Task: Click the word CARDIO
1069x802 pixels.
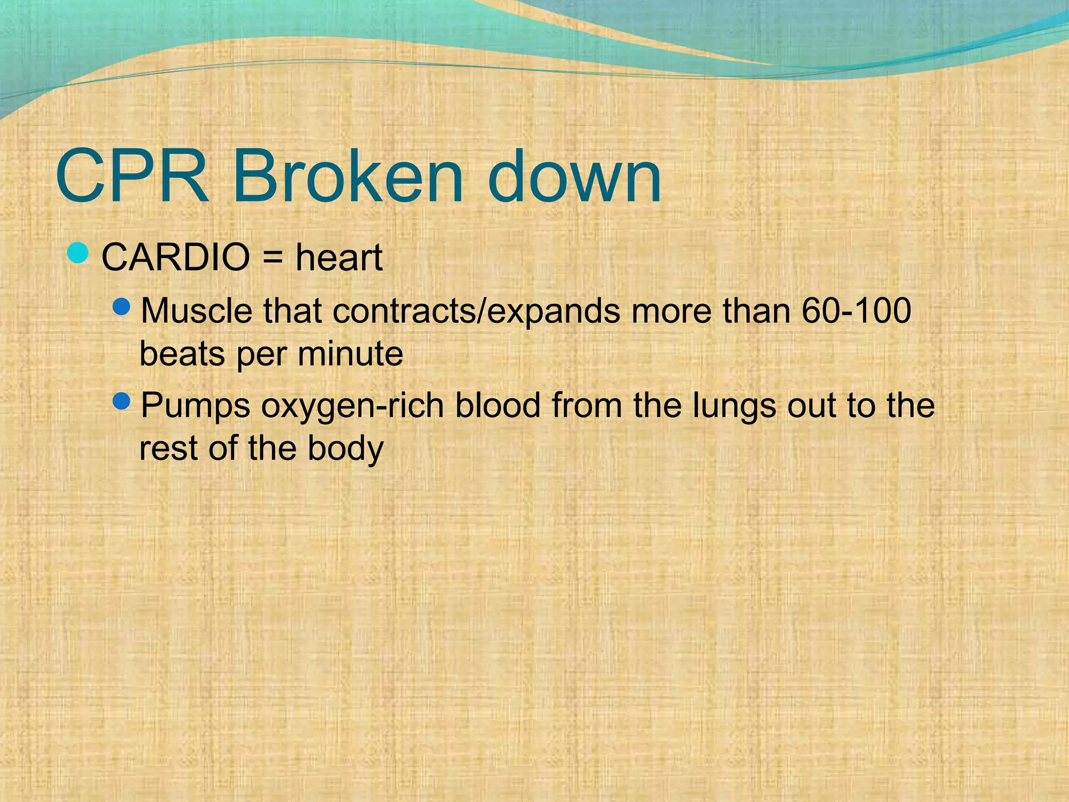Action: [x=175, y=257]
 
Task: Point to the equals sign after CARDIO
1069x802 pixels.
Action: [x=272, y=258]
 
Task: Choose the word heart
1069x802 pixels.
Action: [x=339, y=257]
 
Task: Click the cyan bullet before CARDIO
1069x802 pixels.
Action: [x=78, y=253]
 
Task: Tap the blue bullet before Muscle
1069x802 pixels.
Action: [x=121, y=306]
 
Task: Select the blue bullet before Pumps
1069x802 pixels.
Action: [x=121, y=402]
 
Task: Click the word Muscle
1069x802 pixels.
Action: [x=196, y=311]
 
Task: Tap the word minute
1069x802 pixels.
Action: [x=350, y=354]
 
